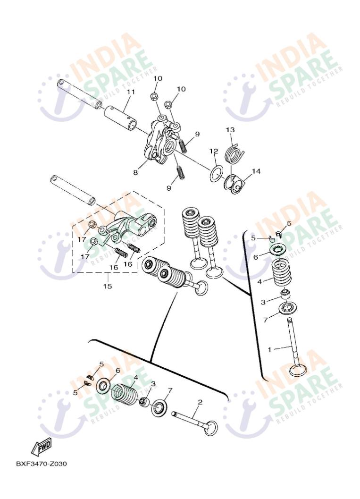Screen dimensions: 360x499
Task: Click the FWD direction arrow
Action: (41, 447)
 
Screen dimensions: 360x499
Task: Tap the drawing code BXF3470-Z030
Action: (42, 464)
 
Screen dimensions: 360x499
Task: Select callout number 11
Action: (131, 92)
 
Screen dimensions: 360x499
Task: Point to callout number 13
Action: (230, 130)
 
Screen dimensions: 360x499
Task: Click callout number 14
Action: (256, 171)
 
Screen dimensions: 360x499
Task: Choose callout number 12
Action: (213, 151)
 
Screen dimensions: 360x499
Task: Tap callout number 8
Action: (135, 172)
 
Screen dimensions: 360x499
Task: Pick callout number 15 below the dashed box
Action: (108, 286)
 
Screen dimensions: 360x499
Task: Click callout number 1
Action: (270, 349)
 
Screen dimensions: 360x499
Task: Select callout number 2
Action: (200, 402)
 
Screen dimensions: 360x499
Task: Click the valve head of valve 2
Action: (211, 427)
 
